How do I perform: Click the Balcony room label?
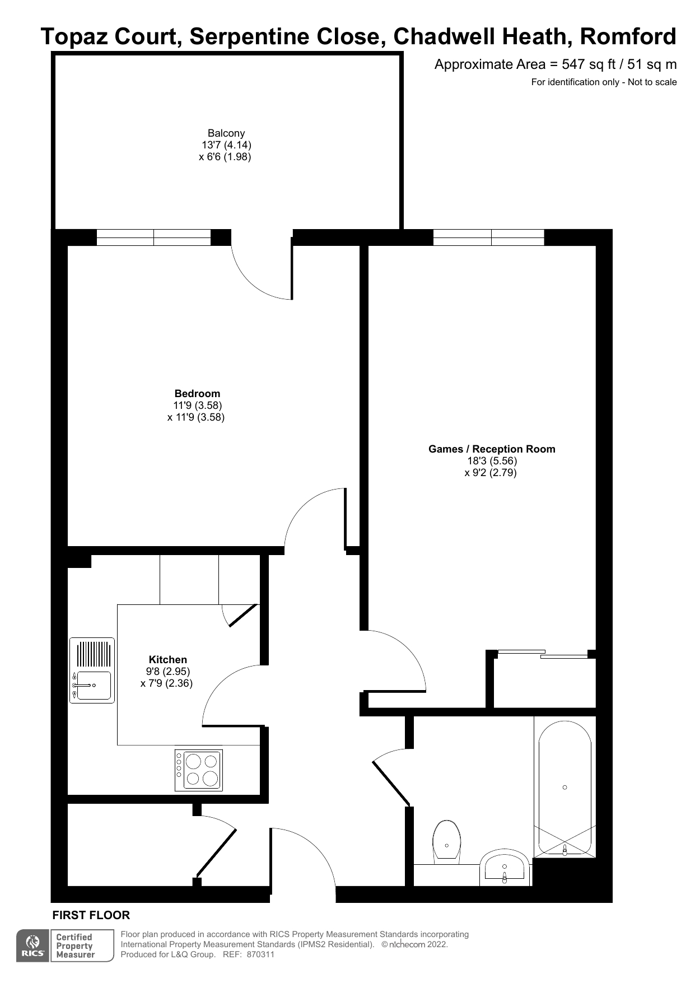coord(226,133)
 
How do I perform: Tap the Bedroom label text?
coord(197,394)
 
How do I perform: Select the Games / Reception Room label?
coord(492,449)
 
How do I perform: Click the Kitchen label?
coord(168,660)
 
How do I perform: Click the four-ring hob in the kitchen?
coord(199,770)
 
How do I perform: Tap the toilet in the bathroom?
coord(446,842)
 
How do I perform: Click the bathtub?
coord(565,789)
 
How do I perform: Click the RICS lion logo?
coord(33,946)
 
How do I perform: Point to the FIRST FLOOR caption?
coord(91,915)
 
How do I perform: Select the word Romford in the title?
coord(628,37)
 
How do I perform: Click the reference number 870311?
coord(260,955)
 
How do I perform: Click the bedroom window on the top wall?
coord(154,237)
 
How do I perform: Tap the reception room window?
coord(489,237)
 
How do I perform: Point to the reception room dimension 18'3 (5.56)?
coord(492,461)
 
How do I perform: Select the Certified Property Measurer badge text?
coord(74,946)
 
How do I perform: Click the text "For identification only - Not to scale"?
coord(604,82)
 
